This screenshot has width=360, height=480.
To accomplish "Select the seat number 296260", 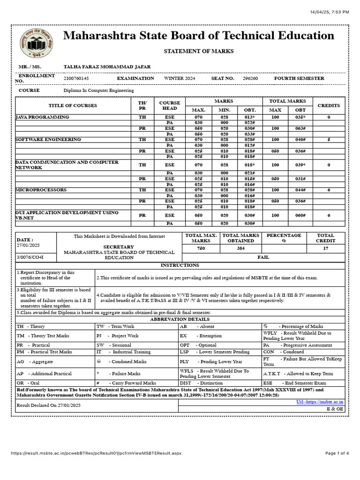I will (250, 79).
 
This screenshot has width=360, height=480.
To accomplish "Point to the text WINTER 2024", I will (180, 79).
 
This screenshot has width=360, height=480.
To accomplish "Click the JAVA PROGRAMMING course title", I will (42, 117).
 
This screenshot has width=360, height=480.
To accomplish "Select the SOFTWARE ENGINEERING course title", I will (48, 140).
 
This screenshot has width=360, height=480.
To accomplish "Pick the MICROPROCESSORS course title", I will (41, 190).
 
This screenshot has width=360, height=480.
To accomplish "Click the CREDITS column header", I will (329, 105).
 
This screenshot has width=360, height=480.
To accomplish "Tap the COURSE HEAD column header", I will (169, 105).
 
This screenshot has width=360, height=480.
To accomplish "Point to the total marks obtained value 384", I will (241, 248).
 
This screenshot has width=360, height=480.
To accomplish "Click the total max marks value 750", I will (201, 248).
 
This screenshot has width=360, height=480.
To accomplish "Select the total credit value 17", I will (325, 248).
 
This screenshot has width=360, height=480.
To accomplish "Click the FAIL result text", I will (263, 257).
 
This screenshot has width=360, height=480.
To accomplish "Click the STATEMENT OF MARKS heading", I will (198, 51).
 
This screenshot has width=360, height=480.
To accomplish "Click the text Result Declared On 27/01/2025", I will (49, 405).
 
